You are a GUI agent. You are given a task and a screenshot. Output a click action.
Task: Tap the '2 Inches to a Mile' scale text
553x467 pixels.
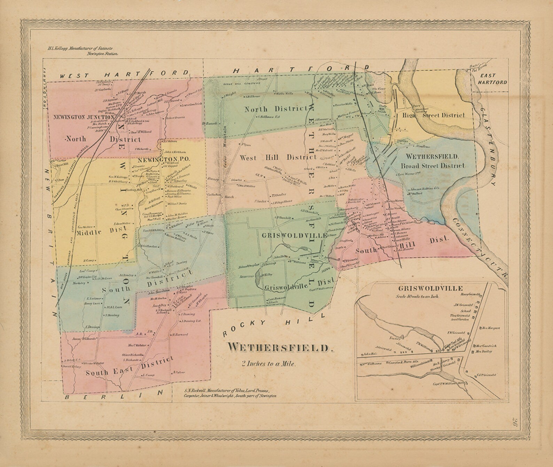pyautogui.click(x=269, y=365)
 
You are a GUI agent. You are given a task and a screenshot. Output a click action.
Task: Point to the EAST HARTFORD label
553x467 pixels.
pyautogui.click(x=493, y=79)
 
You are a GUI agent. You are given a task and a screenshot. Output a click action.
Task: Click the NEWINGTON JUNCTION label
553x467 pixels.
pyautogui.click(x=84, y=117)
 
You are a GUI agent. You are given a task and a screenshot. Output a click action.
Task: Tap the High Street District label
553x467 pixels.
pyautogui.click(x=434, y=115)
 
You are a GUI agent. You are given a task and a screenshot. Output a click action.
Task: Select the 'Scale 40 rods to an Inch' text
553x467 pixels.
pyautogui.click(x=418, y=297)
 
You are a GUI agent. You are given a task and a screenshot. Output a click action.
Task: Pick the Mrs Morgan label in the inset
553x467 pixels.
pyautogui.click(x=491, y=328)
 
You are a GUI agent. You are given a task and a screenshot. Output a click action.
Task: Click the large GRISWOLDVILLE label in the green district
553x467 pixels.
pyautogui.click(x=293, y=236)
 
